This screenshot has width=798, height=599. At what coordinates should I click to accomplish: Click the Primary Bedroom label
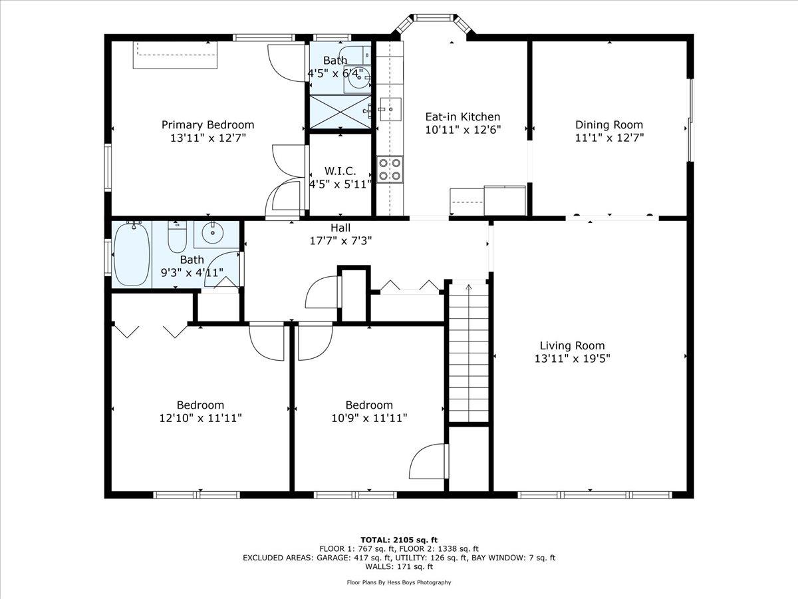(207, 125)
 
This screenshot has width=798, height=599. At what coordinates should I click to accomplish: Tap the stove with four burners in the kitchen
(390, 168)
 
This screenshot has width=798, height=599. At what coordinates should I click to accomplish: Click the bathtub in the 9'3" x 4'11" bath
(132, 254)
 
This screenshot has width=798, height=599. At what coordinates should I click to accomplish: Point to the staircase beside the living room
(469, 353)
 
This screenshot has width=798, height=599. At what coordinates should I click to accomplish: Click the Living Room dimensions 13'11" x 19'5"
(572, 358)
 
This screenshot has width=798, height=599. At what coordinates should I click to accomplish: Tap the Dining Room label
(609, 125)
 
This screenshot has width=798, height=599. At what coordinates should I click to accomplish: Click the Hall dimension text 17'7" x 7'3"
(341, 240)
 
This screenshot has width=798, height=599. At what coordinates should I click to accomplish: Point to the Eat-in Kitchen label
(462, 117)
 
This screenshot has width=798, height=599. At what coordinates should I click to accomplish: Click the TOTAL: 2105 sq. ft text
(399, 540)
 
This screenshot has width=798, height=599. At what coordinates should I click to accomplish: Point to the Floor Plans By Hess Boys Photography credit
(399, 582)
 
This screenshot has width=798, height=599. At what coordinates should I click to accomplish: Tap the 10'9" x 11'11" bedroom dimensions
(369, 418)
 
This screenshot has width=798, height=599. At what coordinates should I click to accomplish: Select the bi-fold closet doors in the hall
(409, 286)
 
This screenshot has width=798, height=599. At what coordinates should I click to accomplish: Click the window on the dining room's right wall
(690, 120)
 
